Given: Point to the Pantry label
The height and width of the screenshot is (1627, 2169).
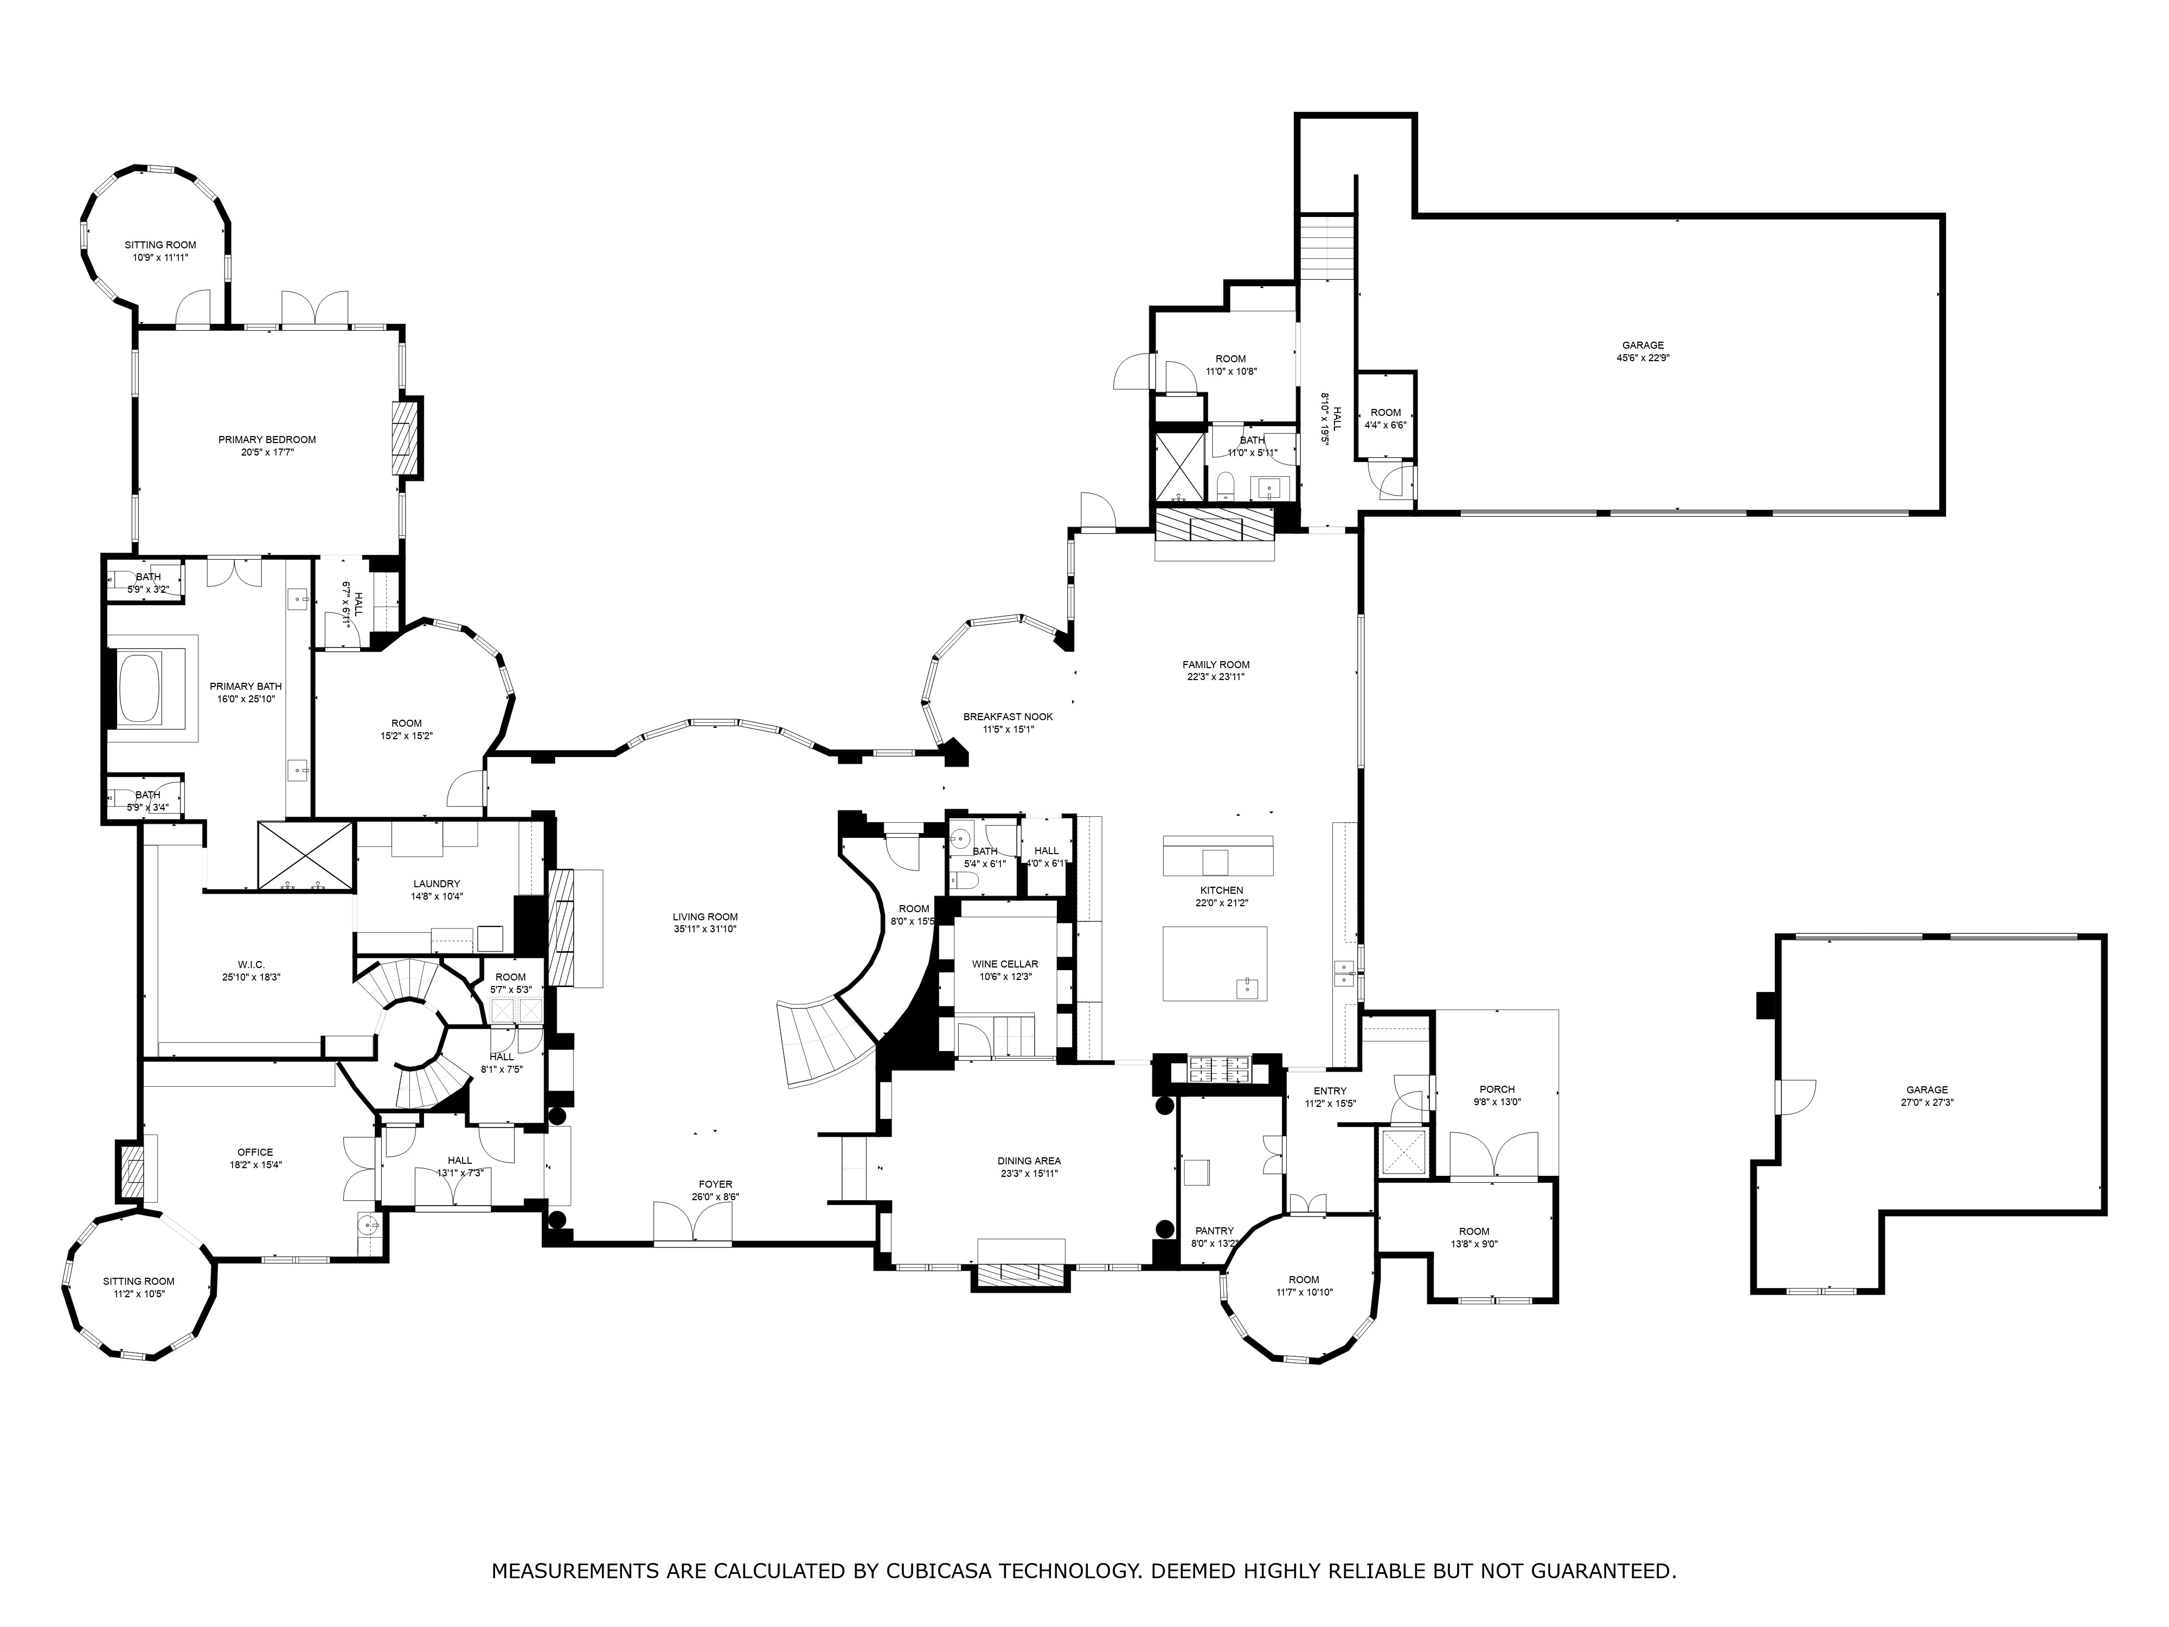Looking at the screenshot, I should coord(1214,1231).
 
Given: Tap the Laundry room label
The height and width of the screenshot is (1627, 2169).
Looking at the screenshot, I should coord(437,883).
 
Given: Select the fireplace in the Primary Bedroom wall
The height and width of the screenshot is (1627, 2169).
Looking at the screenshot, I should coord(405,438).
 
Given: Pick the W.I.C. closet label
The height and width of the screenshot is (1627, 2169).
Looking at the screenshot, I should coord(251,965).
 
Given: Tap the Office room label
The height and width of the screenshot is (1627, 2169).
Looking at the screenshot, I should coord(255,1152).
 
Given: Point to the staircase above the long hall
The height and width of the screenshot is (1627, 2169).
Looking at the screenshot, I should coord(1327,248).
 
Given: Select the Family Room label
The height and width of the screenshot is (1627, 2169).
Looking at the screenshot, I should coord(1216,665).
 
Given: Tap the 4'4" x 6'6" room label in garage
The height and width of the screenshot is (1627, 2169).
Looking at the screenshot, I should coord(1385,419).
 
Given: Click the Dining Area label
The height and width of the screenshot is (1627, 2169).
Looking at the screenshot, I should coord(1030,1161).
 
